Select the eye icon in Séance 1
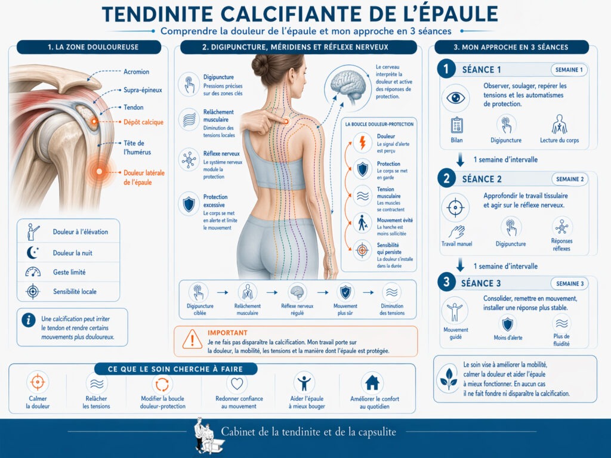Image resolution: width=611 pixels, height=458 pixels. point(455,98)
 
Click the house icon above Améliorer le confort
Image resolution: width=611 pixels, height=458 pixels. point(372,382)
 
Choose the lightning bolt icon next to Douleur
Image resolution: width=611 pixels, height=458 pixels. point(362,143)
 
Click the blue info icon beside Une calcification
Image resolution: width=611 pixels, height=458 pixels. point(28,320)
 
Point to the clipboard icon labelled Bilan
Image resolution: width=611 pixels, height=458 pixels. point(458,125)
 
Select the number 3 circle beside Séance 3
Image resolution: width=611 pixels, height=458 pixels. point(446,282)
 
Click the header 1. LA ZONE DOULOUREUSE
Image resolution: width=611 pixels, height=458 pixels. point(89,47)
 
